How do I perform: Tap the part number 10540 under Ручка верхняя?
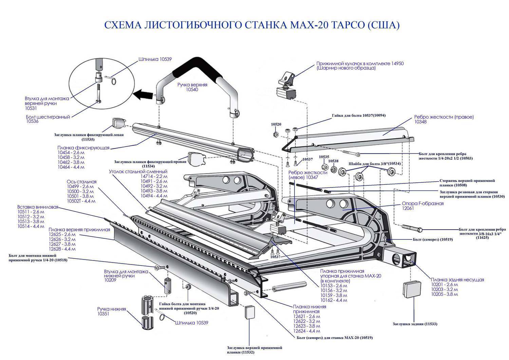tap(192, 90)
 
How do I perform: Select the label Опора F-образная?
tap(422, 203)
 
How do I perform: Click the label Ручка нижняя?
tap(112, 309)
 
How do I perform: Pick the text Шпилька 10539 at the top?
tap(155, 59)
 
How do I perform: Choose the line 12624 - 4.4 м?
tap(307, 331)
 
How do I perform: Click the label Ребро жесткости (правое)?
tap(444, 117)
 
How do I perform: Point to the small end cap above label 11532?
tap(249, 311)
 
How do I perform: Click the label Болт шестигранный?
tap(48, 117)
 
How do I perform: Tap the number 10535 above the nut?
tap(324, 157)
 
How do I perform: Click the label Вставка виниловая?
tap(38, 207)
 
